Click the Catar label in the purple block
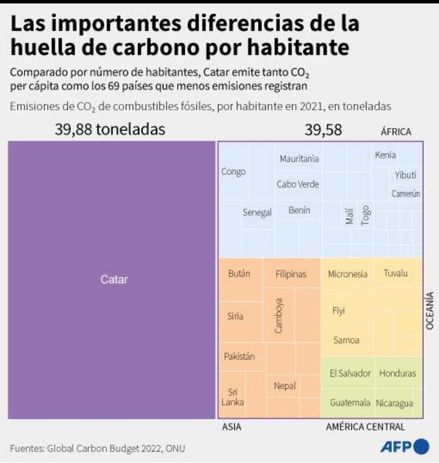[114, 279]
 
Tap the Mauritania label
[299, 159]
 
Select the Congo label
[233, 172]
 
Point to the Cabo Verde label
[298, 184]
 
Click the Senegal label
[257, 213]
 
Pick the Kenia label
[385, 155]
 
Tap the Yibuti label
[405, 175]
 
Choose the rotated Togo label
[365, 215]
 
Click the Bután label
[239, 273]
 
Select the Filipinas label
[291, 274]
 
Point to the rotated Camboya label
[279, 315]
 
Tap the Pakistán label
[239, 356]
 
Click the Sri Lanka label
[234, 397]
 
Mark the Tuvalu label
[395, 273]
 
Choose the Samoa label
[347, 340]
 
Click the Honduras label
[397, 373]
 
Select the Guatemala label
[350, 403]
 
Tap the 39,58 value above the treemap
[323, 130]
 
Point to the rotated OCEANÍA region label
[430, 310]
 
